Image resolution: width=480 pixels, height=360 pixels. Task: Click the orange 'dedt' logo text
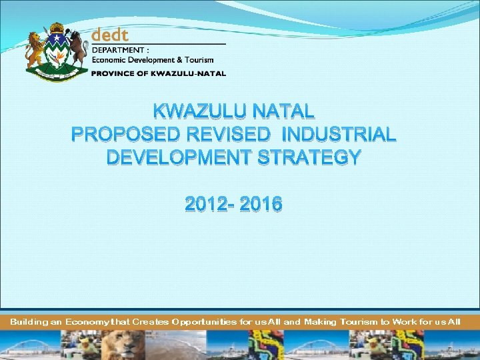click(x=110, y=34)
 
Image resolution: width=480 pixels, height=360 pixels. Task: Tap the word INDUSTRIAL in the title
click(x=339, y=135)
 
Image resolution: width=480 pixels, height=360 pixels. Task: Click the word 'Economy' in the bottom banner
click(x=88, y=322)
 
